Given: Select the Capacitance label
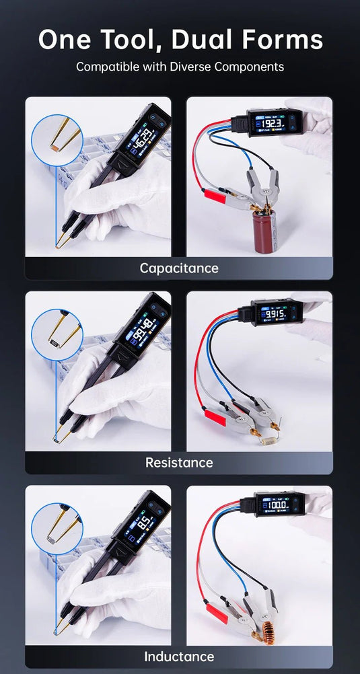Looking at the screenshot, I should [x=179, y=268].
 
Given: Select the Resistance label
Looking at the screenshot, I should [x=179, y=462].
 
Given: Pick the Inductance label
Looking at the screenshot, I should [x=179, y=657].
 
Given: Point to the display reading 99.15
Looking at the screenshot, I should [x=274, y=314].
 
